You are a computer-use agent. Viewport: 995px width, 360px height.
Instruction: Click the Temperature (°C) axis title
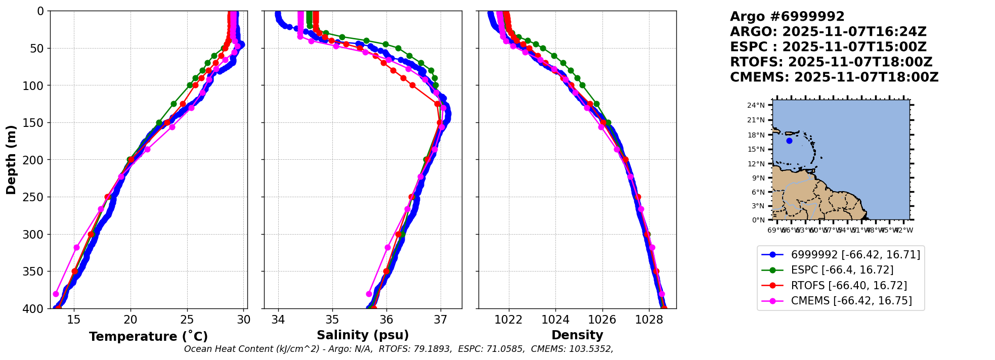point(148,337)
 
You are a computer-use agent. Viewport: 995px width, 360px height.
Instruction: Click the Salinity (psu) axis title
point(363,335)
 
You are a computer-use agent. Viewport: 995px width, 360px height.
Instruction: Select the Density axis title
point(577,335)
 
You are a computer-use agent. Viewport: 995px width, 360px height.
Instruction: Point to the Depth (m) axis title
point(11,160)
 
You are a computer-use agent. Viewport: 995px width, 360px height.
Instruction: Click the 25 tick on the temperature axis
point(187,320)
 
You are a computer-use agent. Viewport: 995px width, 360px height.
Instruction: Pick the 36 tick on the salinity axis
point(386,320)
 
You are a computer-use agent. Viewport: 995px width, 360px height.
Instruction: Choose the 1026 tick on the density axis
point(602,320)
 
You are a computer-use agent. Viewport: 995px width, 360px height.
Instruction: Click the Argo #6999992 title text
point(787,17)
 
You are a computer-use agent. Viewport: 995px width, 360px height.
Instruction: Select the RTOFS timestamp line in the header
point(831,62)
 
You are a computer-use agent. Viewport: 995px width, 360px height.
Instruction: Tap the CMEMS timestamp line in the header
point(834,77)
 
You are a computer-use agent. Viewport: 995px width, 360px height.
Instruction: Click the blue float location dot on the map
point(789,141)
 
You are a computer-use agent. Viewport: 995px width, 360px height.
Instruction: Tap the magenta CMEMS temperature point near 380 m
point(56,294)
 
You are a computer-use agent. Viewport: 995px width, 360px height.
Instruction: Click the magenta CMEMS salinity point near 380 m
point(369,294)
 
